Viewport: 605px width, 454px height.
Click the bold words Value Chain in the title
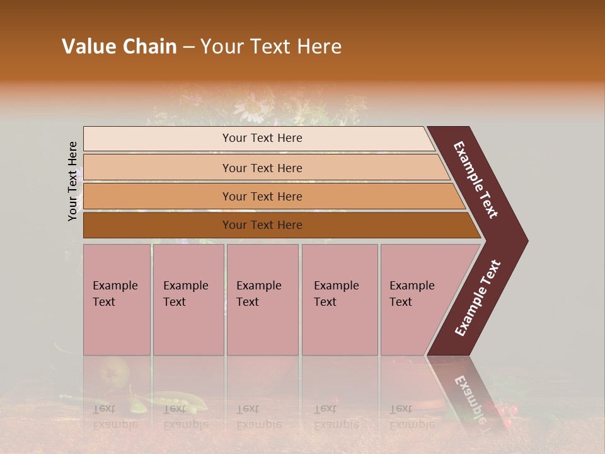(119, 47)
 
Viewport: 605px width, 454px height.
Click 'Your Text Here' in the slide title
(271, 47)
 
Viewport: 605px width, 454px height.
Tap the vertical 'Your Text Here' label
(73, 181)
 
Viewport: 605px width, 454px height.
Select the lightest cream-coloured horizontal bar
(258, 138)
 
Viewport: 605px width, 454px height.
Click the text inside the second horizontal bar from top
(262, 168)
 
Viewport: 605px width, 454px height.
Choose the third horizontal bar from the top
(271, 197)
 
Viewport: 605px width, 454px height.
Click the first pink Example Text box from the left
(117, 300)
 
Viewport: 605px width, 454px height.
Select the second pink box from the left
(188, 300)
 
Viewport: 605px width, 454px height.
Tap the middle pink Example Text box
(262, 300)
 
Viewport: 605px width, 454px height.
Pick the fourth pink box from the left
(340, 300)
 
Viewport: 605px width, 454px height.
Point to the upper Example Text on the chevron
(476, 180)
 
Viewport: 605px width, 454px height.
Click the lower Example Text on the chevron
(478, 298)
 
